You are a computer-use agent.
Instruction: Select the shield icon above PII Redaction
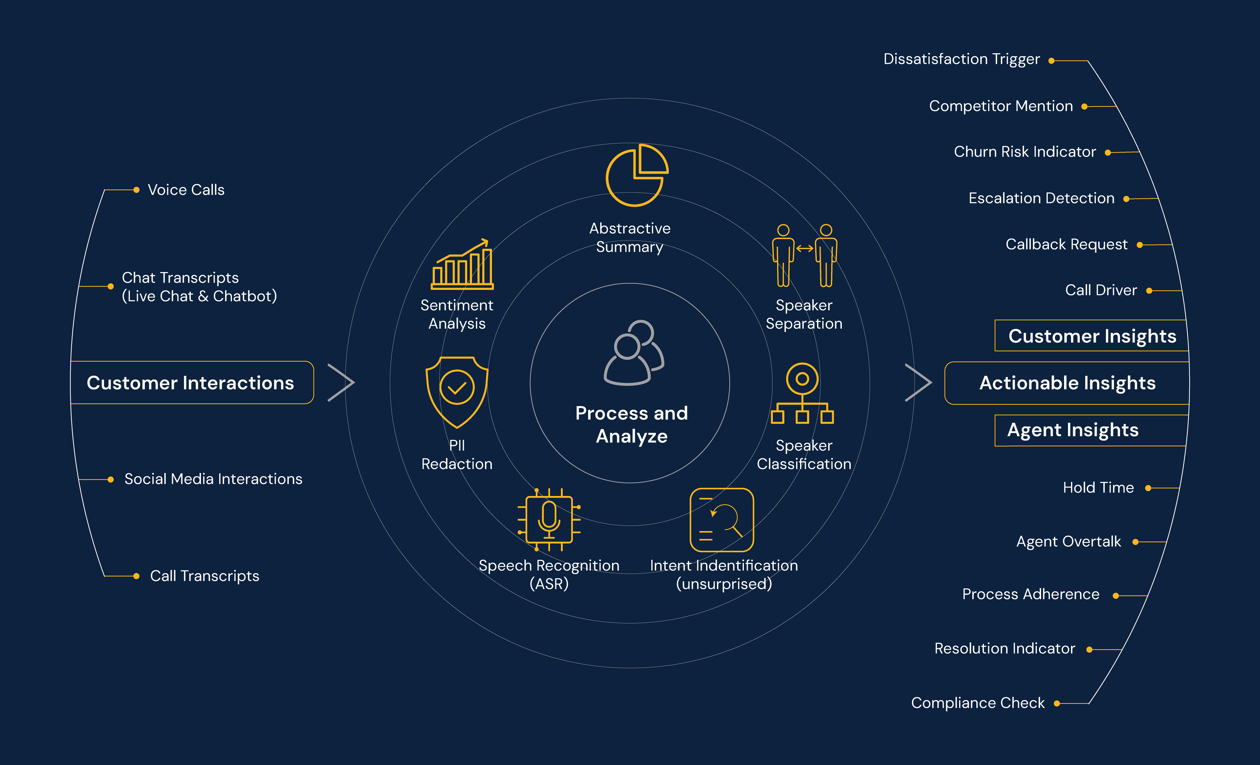(x=457, y=392)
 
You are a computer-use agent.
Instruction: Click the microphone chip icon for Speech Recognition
(x=549, y=519)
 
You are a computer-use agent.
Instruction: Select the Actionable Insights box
(x=1067, y=383)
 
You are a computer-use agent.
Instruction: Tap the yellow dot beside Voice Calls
(x=136, y=190)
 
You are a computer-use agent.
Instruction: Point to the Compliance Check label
(x=977, y=703)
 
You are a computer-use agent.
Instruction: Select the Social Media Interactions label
(x=213, y=479)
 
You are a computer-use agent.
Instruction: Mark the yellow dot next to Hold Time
(x=1148, y=488)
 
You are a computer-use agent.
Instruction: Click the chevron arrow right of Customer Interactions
(x=341, y=383)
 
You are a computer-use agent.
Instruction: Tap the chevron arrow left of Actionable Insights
(x=918, y=383)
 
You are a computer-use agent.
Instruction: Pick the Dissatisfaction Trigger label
(x=961, y=59)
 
